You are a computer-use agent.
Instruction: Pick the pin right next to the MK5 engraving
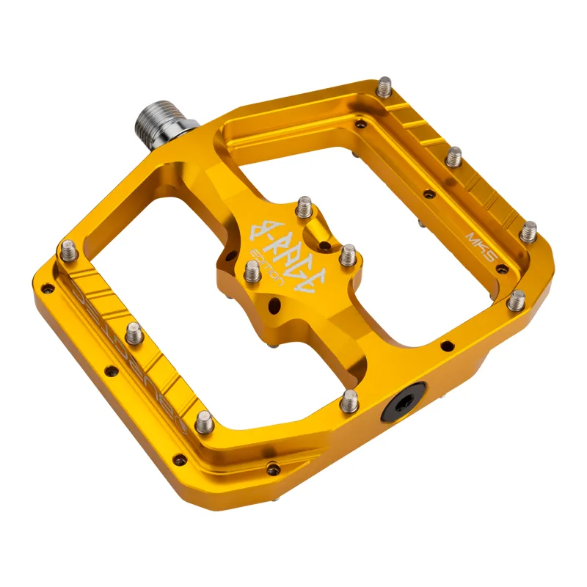[x=528, y=231]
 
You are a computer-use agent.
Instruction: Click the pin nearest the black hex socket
[x=349, y=399]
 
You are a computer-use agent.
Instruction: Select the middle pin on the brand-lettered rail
[x=134, y=334]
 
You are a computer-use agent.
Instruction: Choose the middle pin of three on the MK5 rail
[x=455, y=156]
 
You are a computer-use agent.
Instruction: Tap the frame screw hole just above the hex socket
[x=446, y=345]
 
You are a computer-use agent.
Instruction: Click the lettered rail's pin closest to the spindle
[x=69, y=252]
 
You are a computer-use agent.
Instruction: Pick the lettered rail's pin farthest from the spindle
[x=205, y=420]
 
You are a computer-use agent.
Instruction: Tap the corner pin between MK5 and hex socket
[x=517, y=299]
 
